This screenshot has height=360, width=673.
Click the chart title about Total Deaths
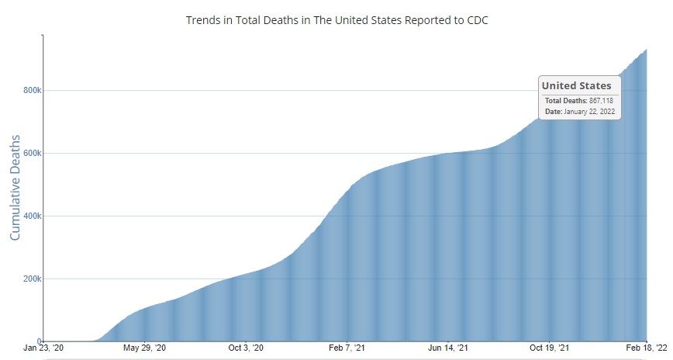click(336, 19)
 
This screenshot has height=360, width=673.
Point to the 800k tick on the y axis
click(30, 90)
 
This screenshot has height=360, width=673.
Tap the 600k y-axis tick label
click(30, 153)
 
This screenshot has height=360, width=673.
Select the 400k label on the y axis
click(30, 216)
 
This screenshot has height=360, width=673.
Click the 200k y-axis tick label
click(30, 279)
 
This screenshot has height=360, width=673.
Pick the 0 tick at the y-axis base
click(38, 341)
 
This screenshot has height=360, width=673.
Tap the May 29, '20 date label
click(145, 348)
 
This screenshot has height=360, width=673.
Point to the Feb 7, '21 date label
click(347, 348)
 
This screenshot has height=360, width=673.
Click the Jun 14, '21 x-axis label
click(447, 348)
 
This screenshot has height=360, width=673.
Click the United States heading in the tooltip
click(576, 85)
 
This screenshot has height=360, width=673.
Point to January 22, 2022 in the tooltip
click(589, 112)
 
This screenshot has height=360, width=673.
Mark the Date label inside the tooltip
click(554, 112)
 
